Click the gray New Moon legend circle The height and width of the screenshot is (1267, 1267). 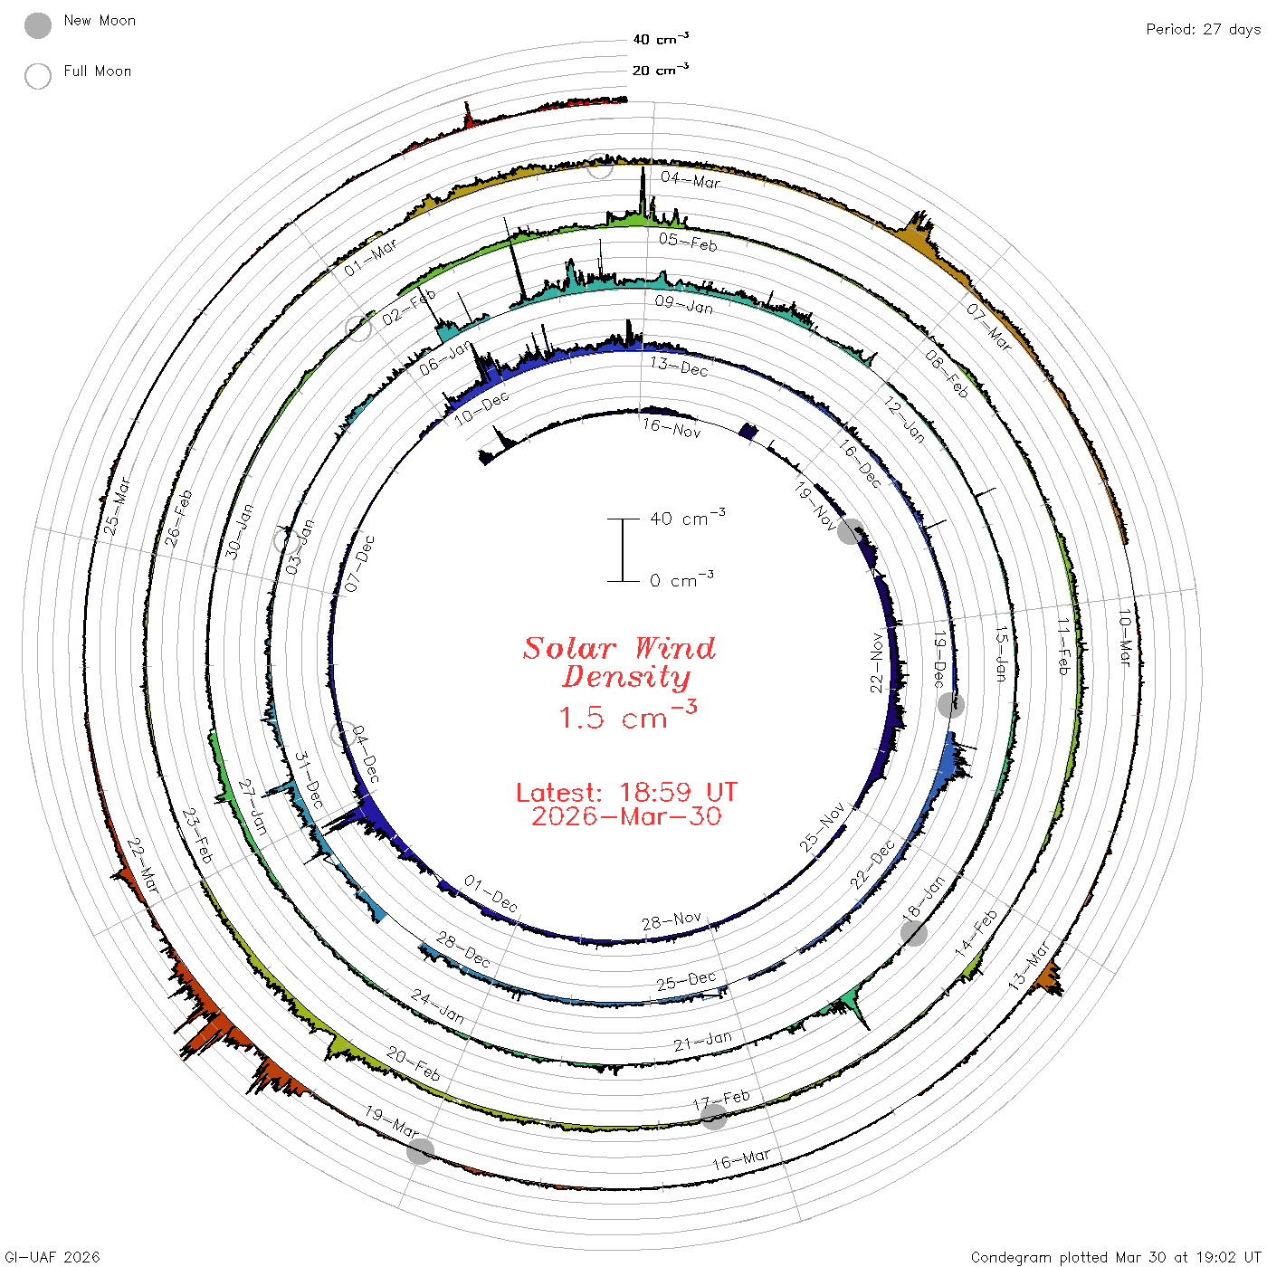37,25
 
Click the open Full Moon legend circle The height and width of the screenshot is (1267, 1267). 37,76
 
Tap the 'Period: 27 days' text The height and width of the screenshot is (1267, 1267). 1203,30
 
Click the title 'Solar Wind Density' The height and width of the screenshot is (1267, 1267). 619,662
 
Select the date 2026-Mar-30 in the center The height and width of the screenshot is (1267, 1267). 626,816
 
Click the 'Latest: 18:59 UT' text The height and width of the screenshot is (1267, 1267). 626,792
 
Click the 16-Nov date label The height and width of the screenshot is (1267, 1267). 672,428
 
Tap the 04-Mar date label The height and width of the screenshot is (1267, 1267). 691,179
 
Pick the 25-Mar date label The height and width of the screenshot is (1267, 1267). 117,505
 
